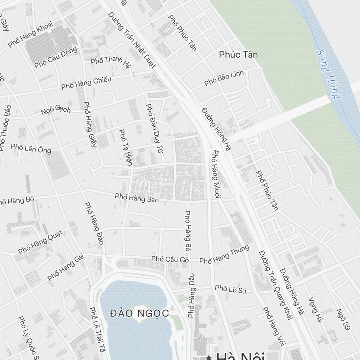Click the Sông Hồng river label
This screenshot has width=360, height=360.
click(329, 74)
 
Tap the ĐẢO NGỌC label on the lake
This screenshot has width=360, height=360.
click(139, 313)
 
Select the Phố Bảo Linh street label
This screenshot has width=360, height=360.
click(224, 78)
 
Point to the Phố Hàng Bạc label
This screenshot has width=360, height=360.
click(137, 198)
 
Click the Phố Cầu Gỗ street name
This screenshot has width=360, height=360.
click(170, 259)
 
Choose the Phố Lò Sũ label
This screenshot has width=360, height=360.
click(230, 288)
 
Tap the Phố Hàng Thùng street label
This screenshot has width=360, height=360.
click(224, 255)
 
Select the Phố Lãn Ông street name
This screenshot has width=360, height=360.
click(31, 148)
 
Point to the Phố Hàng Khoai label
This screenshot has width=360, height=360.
click(30, 34)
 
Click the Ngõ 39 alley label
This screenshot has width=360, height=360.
click(343, 319)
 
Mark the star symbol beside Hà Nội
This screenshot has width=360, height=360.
click(208, 357)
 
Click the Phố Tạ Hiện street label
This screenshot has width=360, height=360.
click(126, 147)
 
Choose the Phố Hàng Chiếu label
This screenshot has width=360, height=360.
click(86, 83)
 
